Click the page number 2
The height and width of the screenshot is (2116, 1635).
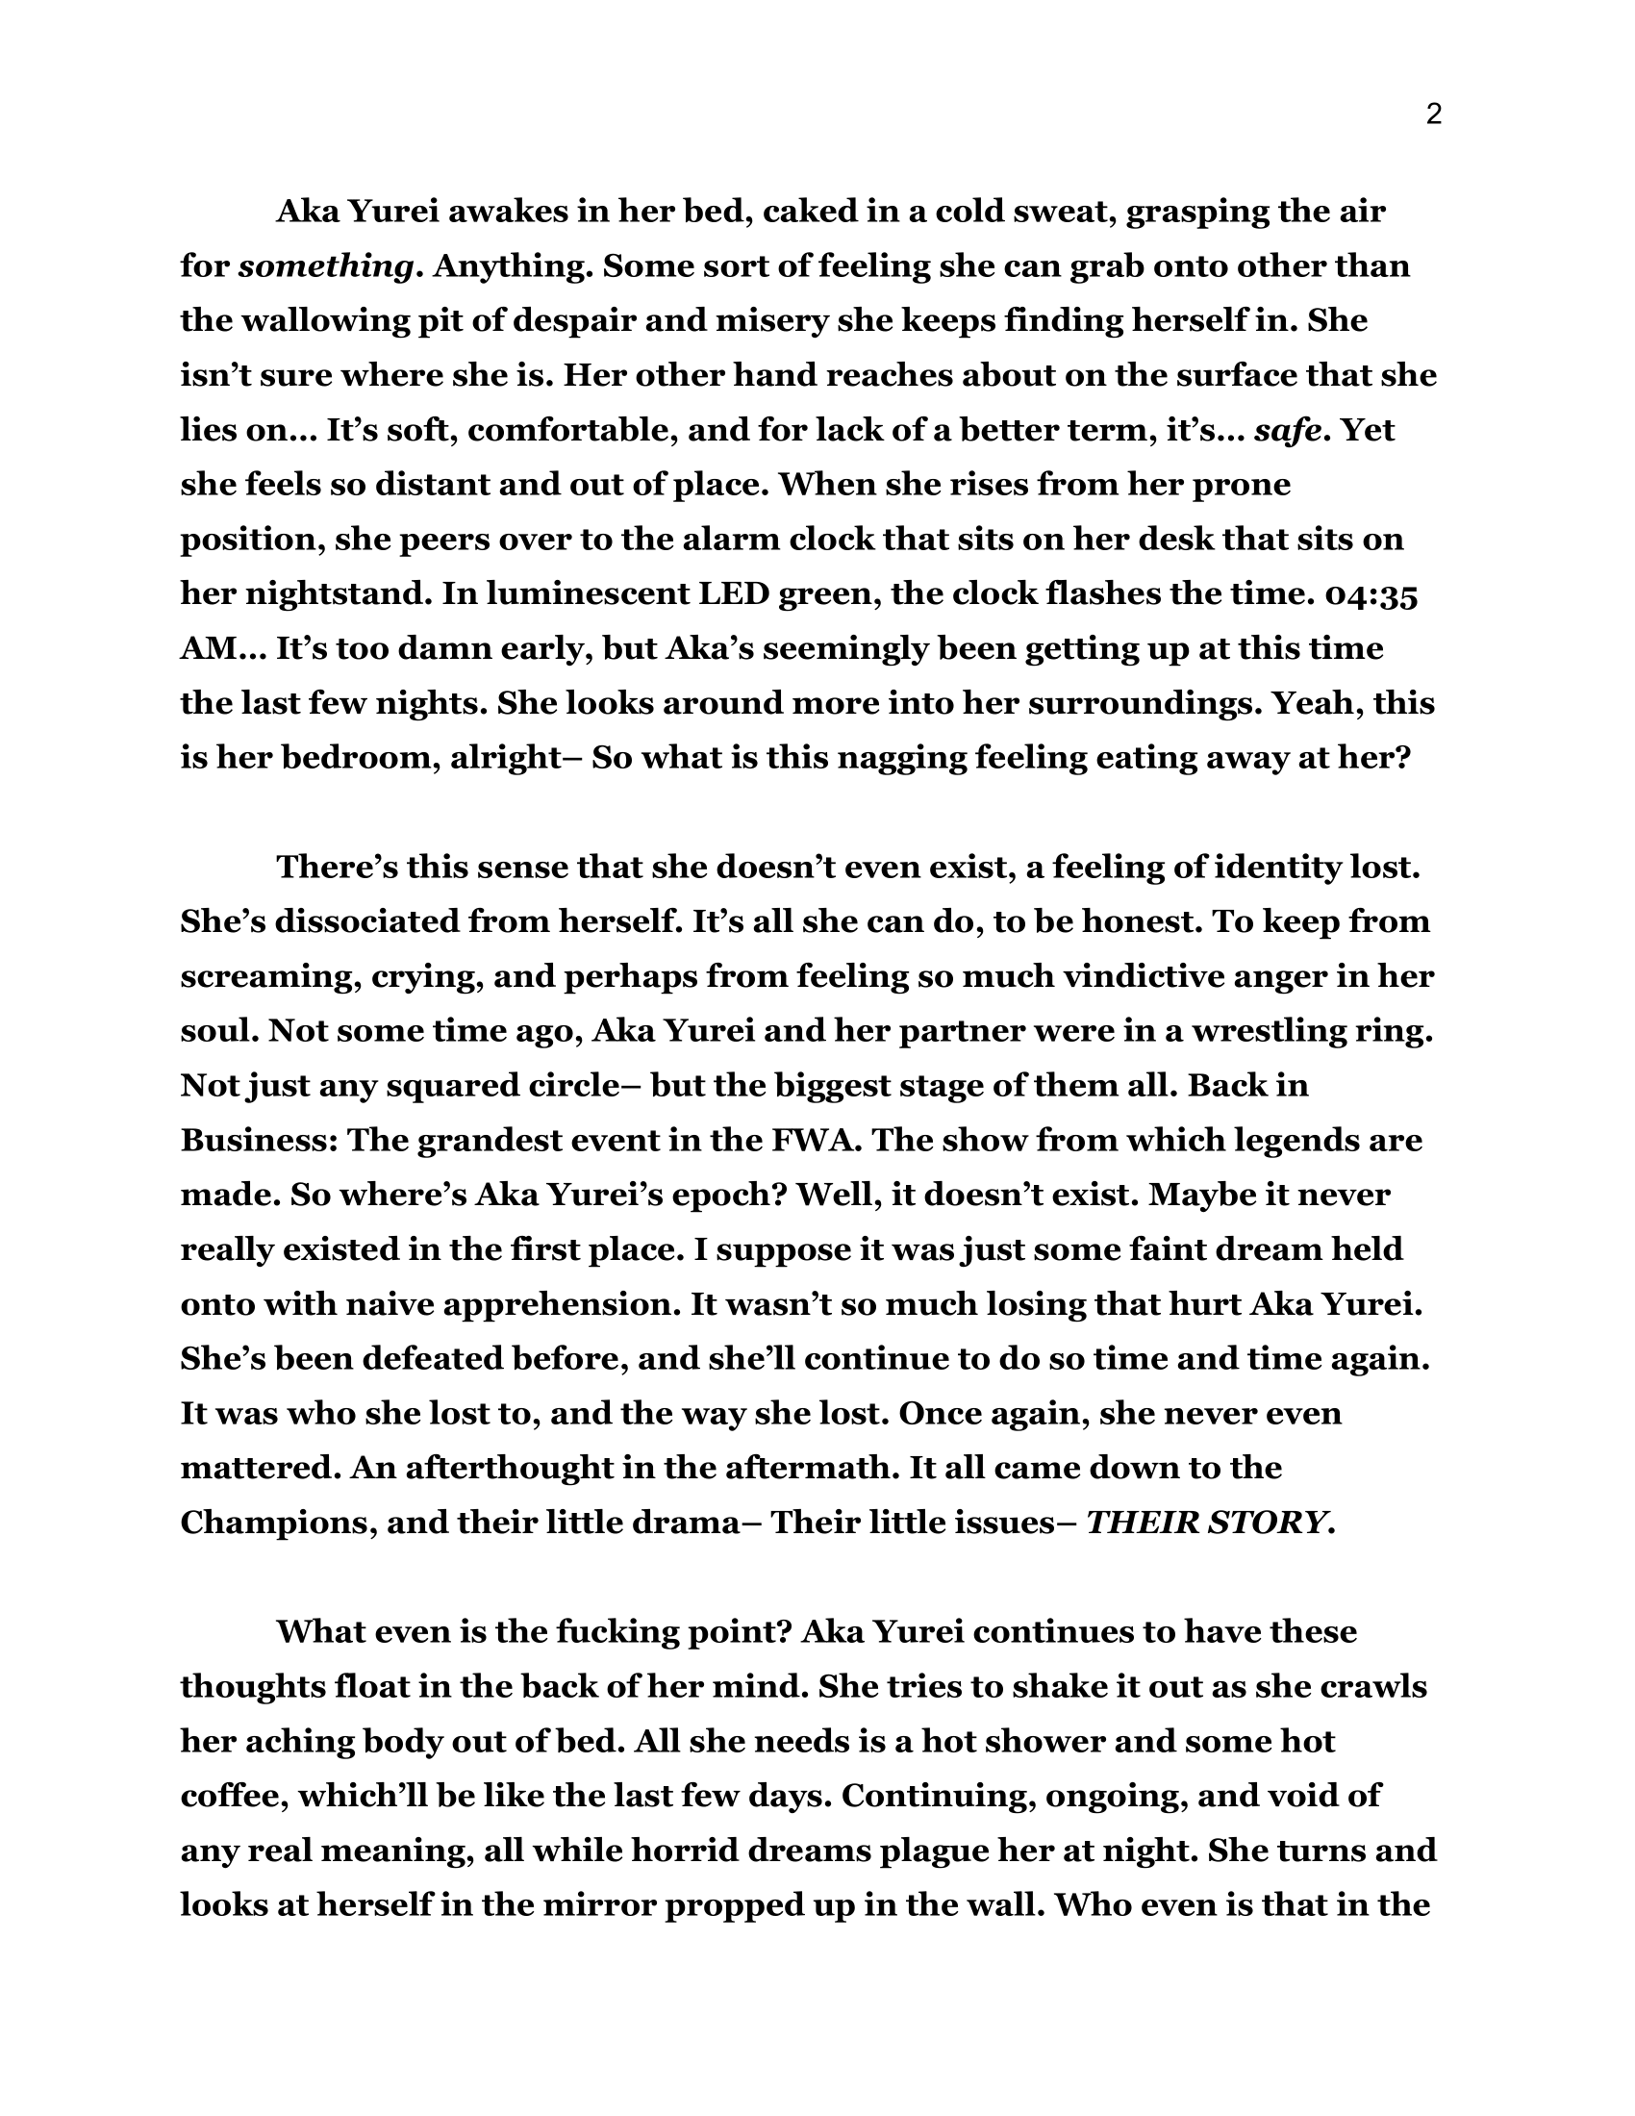click(x=1434, y=115)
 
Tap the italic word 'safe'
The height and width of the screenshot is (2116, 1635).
click(x=1287, y=430)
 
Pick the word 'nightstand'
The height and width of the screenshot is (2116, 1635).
click(x=334, y=593)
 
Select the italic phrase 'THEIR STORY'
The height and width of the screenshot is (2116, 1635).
click(x=1205, y=1524)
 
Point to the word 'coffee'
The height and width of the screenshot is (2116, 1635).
click(x=228, y=1796)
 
